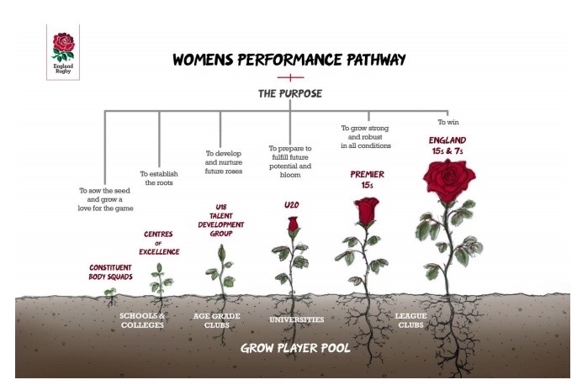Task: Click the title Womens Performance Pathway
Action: pyautogui.click(x=288, y=60)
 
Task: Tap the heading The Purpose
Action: pyautogui.click(x=290, y=93)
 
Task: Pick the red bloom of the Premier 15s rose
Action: pyautogui.click(x=365, y=212)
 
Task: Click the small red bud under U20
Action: pyautogui.click(x=293, y=225)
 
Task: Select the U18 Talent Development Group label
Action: pyautogui.click(x=219, y=219)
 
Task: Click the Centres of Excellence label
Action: pyautogui.click(x=158, y=244)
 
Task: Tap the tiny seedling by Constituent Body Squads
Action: pyautogui.click(x=109, y=292)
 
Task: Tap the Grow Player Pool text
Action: pyautogui.click(x=290, y=346)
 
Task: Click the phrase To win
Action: pyautogui.click(x=447, y=122)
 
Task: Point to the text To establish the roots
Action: pyautogui.click(x=159, y=177)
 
